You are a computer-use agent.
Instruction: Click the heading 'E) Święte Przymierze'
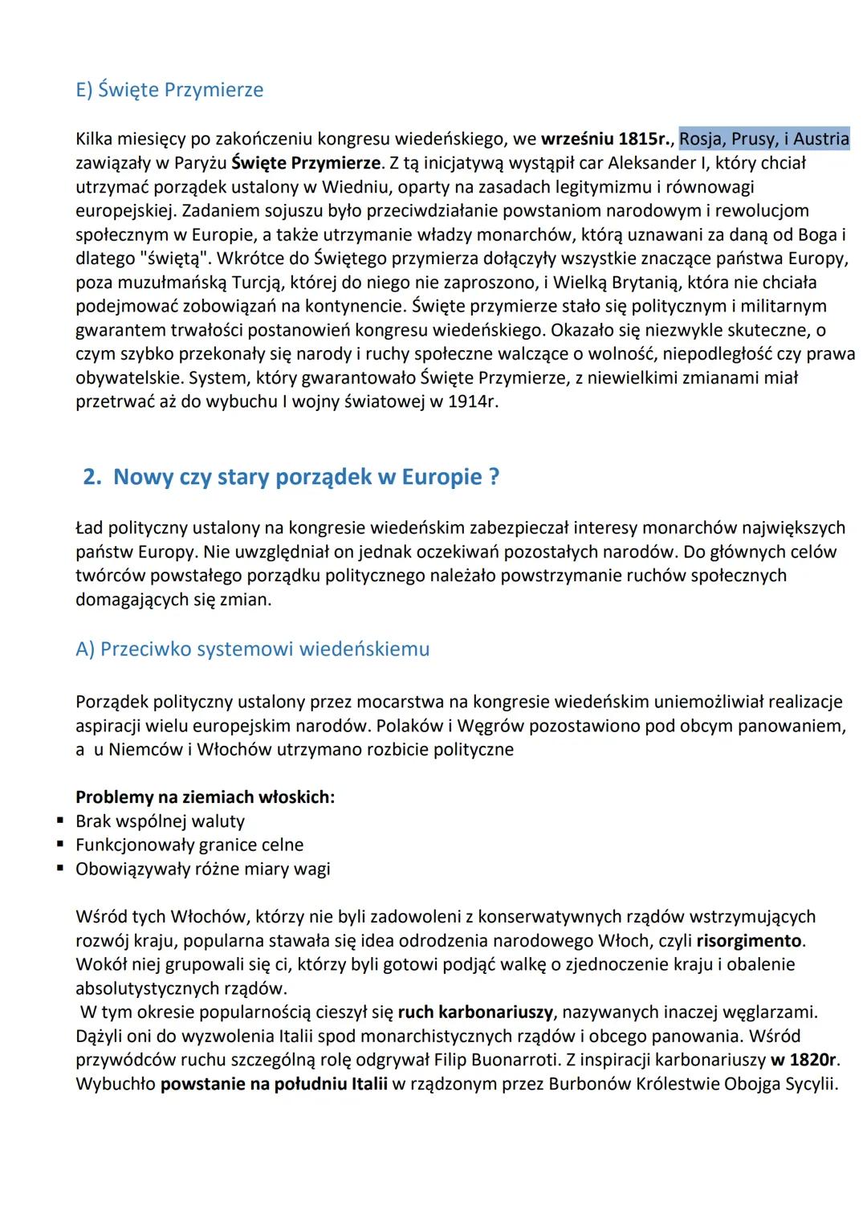(x=169, y=90)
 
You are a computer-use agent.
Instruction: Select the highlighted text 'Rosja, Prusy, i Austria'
(x=763, y=139)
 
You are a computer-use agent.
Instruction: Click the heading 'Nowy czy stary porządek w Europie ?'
(x=306, y=477)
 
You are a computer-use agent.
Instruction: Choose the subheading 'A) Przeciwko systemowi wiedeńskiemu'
(x=252, y=650)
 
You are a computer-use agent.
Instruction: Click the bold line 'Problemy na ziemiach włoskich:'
(x=205, y=797)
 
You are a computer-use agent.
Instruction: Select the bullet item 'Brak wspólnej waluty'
(x=160, y=821)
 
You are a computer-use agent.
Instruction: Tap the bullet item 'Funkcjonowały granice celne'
(x=189, y=845)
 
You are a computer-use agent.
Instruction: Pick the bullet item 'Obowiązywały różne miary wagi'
(x=202, y=869)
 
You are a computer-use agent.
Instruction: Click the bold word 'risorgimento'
(x=749, y=940)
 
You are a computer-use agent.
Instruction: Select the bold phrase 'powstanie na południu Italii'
(x=274, y=1085)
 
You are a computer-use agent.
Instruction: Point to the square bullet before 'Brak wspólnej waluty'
(x=60, y=821)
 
